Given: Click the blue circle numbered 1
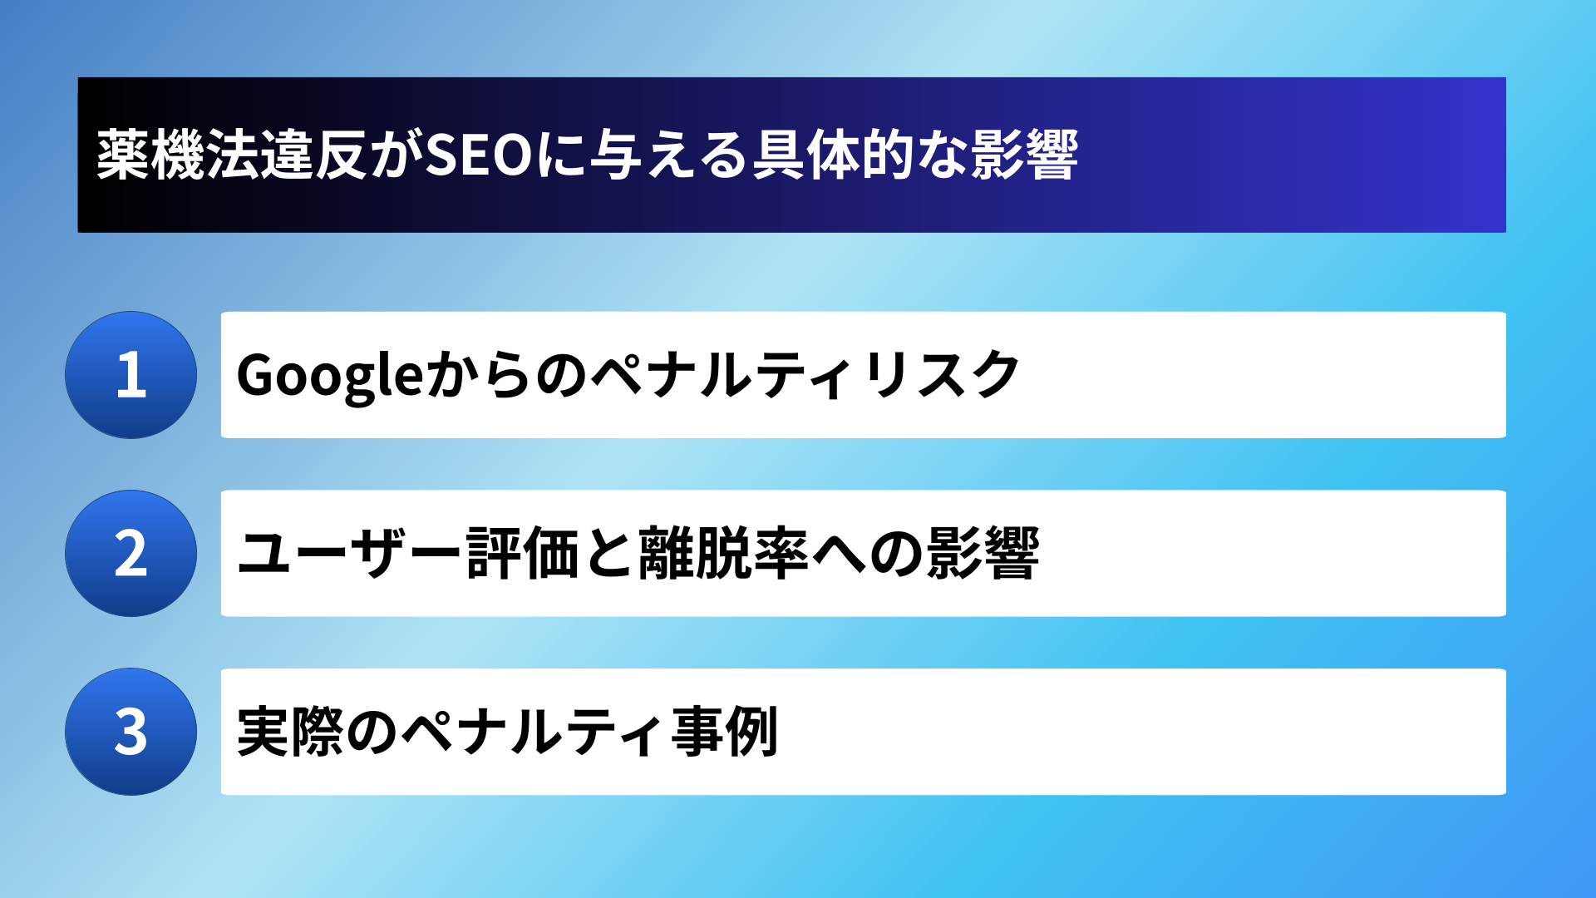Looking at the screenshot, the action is pyautogui.click(x=131, y=375).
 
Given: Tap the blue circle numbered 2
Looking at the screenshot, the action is pyautogui.click(x=131, y=553).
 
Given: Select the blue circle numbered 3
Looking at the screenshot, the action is pyautogui.click(x=131, y=732).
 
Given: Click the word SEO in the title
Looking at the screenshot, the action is pyautogui.click(x=479, y=155).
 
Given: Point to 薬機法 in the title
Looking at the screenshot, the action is pyautogui.click(x=178, y=155).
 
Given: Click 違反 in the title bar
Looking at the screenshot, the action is pyautogui.click(x=313, y=155).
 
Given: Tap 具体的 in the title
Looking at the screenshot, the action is pyautogui.click(x=833, y=155).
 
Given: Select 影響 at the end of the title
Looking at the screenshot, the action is pyautogui.click(x=1025, y=155).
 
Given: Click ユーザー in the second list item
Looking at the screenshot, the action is pyautogui.click(x=349, y=554).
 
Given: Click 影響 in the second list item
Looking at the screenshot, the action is pyautogui.click(x=983, y=554).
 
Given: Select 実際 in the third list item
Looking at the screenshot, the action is pyautogui.click(x=290, y=732).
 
